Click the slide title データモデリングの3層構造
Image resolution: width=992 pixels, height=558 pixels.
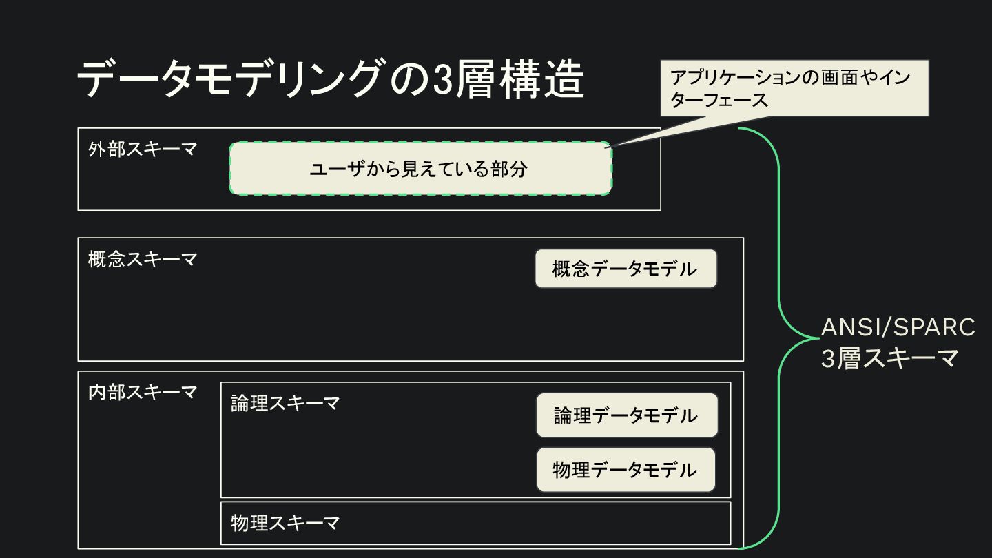coord(330,79)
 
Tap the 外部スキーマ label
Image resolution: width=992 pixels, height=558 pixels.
coord(143,149)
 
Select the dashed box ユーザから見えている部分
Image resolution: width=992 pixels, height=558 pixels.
coord(420,169)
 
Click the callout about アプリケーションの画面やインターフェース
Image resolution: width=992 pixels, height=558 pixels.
coord(794,87)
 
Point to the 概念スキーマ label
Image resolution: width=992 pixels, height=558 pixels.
coord(143,260)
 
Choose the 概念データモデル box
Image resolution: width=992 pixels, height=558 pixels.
coord(626,269)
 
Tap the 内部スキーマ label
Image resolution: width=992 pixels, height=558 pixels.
coord(143,393)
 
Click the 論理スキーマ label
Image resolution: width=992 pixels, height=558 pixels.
coord(285,403)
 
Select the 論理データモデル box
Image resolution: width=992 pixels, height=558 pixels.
coord(626,415)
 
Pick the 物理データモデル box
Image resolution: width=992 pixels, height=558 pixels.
coord(626,470)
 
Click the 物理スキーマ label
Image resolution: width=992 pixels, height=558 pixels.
coord(285,523)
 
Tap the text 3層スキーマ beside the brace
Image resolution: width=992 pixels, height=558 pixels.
coord(889,359)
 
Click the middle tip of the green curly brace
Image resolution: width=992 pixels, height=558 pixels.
coord(815,338)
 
